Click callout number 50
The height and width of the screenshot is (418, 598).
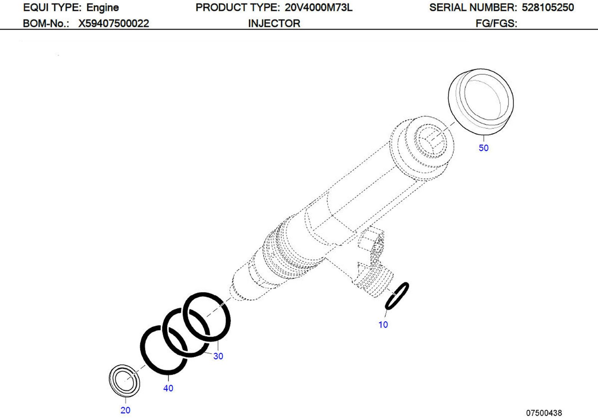[483, 148]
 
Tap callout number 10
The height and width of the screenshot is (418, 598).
[383, 325]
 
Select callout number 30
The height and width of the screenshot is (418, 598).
[218, 356]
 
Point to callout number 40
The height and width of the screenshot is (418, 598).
[168, 388]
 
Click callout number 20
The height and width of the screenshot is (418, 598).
[125, 410]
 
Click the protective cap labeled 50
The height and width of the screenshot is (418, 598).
[481, 101]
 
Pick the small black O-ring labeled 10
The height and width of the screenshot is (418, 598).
[397, 296]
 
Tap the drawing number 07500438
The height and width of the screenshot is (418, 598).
[544, 413]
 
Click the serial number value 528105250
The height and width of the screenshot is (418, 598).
[548, 7]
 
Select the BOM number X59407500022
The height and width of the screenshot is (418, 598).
[113, 24]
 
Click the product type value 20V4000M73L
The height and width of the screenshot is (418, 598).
[318, 7]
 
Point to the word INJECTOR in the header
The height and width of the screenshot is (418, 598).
[274, 24]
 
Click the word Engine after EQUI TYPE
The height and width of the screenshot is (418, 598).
[102, 7]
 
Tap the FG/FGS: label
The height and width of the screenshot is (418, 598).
[496, 24]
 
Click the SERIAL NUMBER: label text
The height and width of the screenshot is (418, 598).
[473, 7]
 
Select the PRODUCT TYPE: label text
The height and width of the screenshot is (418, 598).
[238, 7]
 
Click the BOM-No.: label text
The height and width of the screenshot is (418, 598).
[46, 24]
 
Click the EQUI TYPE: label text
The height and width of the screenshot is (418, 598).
[52, 7]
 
